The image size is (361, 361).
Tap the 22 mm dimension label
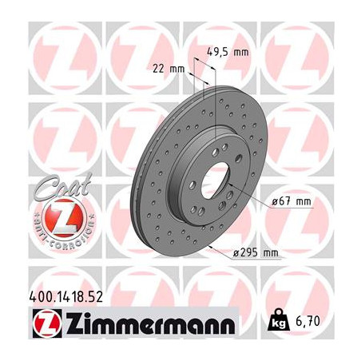tap(164, 67)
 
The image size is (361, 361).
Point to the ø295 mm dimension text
tap(256, 253)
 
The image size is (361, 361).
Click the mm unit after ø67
tap(303, 201)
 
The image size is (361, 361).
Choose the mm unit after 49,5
tap(240, 52)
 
